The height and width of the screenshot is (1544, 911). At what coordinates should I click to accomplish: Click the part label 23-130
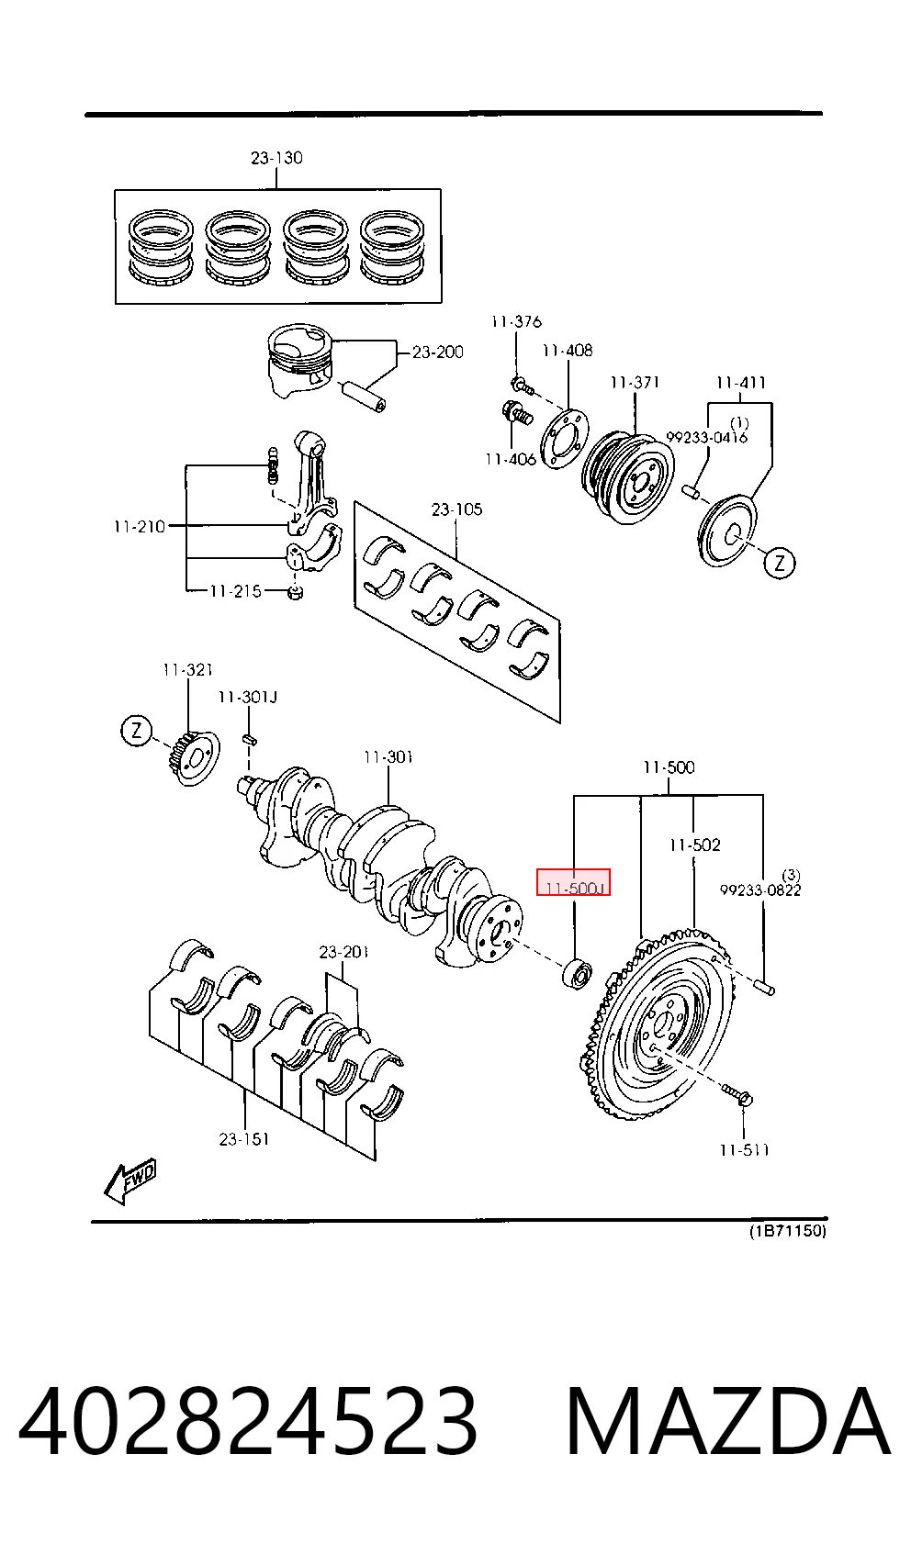click(x=276, y=158)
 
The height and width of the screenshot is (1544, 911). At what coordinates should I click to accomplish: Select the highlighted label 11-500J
click(x=574, y=882)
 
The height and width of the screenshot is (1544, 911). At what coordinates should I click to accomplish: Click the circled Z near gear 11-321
click(x=137, y=730)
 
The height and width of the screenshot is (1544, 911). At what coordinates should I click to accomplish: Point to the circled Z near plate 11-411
click(x=780, y=563)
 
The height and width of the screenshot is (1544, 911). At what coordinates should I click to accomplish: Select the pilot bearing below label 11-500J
click(x=577, y=973)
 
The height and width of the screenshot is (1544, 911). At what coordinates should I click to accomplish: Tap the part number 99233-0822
click(x=760, y=889)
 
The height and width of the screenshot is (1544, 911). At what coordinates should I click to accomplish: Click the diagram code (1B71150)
click(x=788, y=1230)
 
